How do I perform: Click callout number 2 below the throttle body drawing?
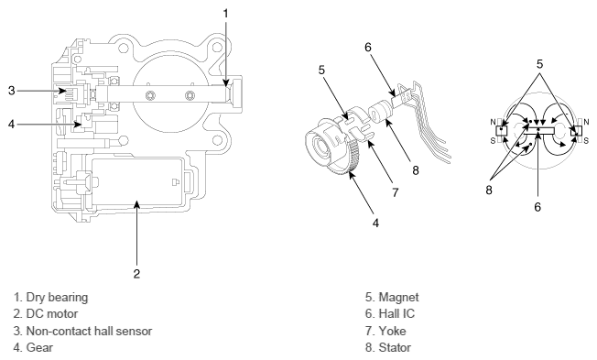tap(136, 274)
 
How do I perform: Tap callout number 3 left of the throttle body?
tap(11, 91)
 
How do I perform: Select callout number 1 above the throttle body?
tap(226, 14)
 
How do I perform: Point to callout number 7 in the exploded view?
tap(396, 192)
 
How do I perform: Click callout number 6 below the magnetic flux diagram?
tap(537, 207)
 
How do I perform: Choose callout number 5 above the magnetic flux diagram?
tap(539, 64)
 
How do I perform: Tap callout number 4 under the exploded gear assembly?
tap(375, 223)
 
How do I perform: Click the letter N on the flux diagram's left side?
tap(493, 122)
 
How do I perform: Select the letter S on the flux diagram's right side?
tap(586, 141)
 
